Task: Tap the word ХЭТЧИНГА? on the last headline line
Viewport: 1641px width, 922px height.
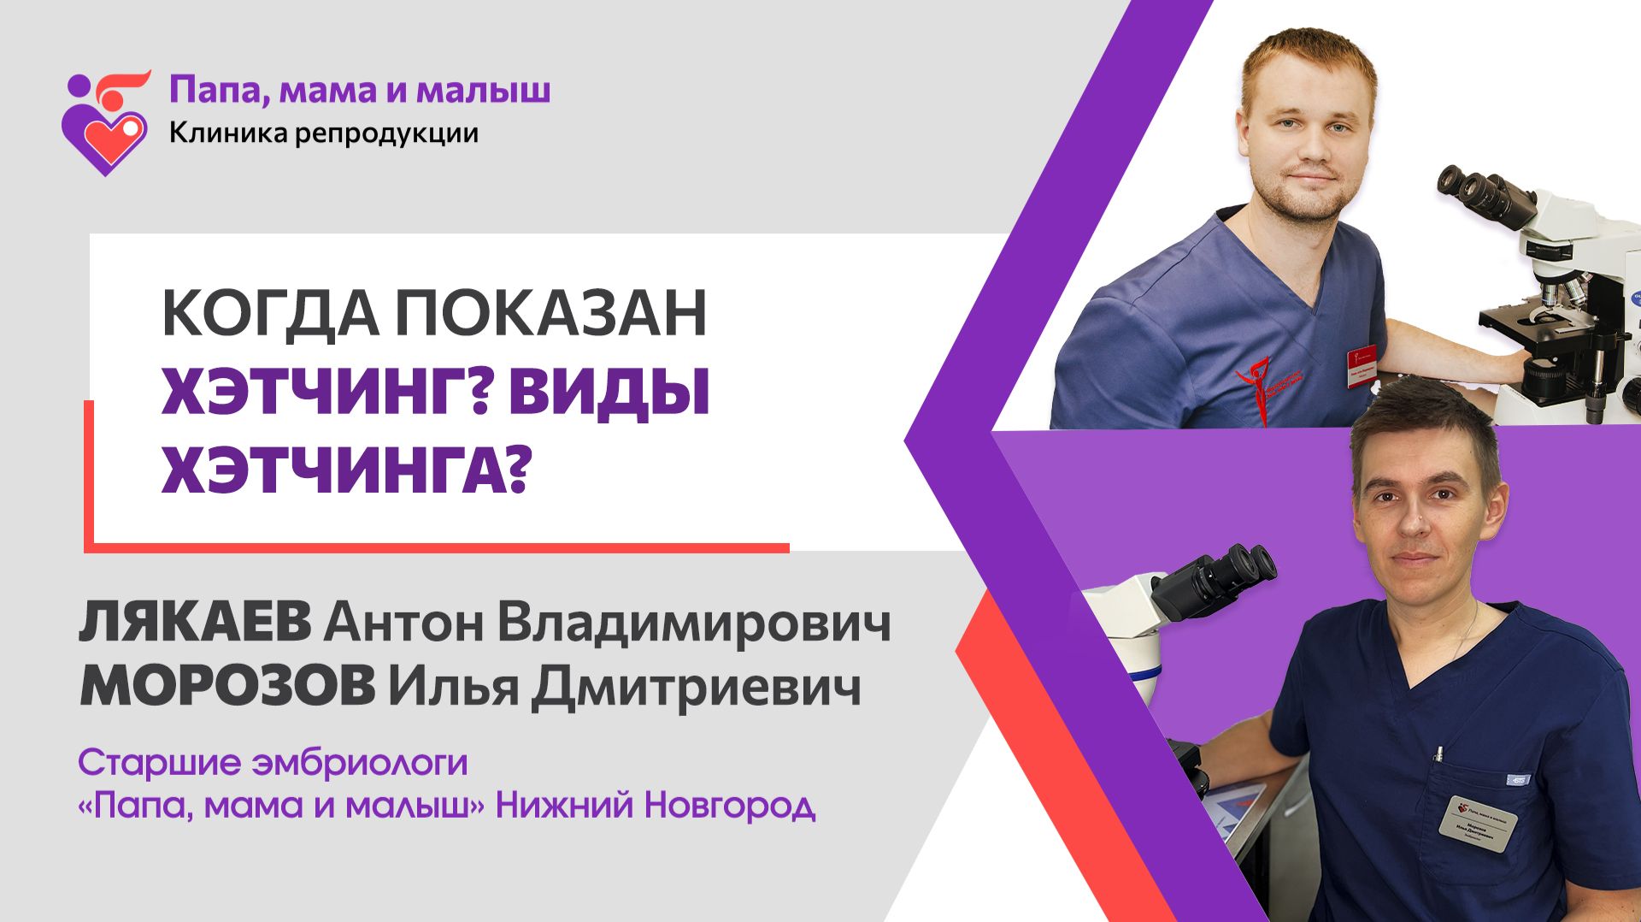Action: click(342, 469)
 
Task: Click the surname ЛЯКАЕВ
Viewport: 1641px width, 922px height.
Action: click(195, 623)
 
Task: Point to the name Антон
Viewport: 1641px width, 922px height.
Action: click(403, 624)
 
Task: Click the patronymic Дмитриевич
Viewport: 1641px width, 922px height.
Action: click(696, 688)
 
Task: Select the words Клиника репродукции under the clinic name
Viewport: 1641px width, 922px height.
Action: click(323, 133)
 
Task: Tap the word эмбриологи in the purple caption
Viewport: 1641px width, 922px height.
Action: click(359, 762)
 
